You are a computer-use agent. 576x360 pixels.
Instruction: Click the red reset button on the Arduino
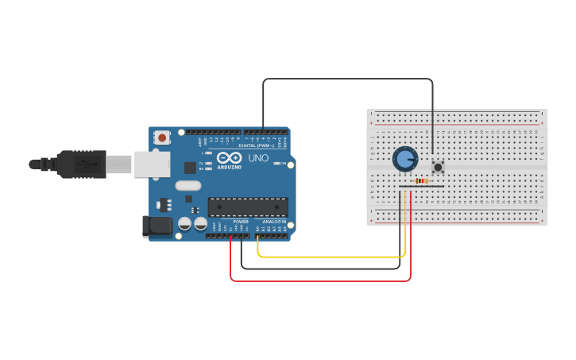tap(163, 137)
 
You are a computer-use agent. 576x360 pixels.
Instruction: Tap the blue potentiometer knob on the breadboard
tap(405, 159)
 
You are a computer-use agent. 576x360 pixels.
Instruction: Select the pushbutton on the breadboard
tap(437, 167)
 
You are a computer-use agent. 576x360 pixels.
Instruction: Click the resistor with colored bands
tap(421, 181)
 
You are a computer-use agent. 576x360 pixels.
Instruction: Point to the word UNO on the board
tap(258, 158)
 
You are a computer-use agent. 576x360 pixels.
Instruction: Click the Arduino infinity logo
tap(229, 157)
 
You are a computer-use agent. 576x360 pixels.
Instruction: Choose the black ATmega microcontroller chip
tap(248, 207)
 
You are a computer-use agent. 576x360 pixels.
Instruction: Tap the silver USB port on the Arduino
tap(152, 165)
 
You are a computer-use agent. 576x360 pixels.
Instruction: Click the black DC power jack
tap(157, 226)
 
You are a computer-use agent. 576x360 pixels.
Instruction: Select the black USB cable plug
tap(79, 165)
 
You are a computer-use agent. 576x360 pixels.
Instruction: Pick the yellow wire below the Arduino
tap(334, 257)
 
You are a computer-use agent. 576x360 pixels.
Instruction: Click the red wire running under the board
tap(318, 281)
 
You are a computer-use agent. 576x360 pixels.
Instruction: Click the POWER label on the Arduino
tap(241, 222)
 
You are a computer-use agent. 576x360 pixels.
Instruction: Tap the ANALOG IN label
tap(273, 222)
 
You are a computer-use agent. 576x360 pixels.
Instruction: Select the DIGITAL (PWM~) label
tap(256, 145)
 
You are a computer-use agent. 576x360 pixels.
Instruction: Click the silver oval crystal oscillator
tap(188, 186)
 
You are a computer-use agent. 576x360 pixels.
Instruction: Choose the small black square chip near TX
tap(191, 167)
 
